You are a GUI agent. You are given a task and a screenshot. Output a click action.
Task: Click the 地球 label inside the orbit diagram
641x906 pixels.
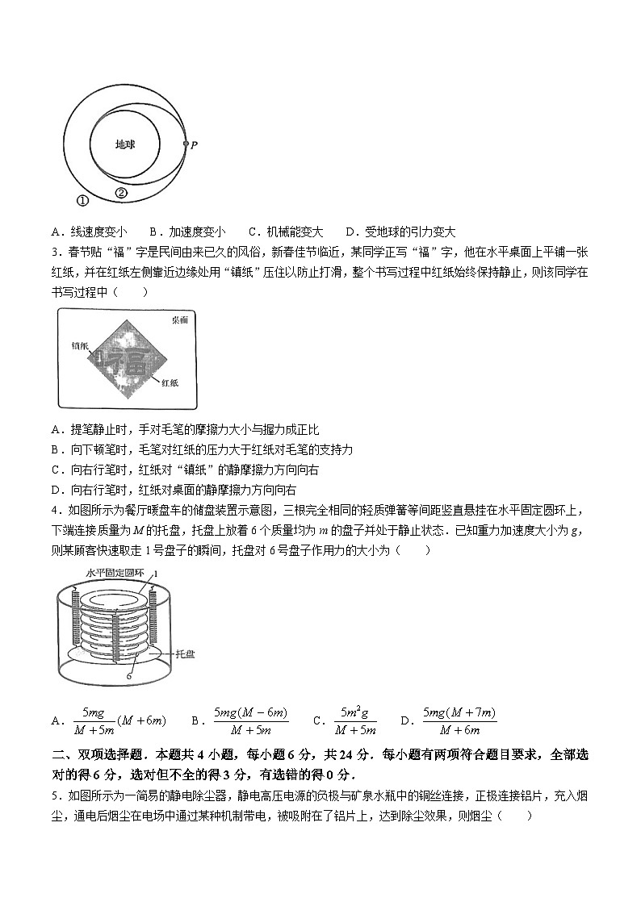click(124, 145)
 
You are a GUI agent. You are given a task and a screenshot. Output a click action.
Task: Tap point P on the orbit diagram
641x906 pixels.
click(194, 145)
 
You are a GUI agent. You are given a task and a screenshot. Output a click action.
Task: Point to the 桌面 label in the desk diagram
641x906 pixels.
click(180, 319)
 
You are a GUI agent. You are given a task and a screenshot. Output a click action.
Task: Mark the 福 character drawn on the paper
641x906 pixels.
click(130, 362)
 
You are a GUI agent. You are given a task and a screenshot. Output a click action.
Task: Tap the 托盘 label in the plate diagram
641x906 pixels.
click(186, 654)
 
